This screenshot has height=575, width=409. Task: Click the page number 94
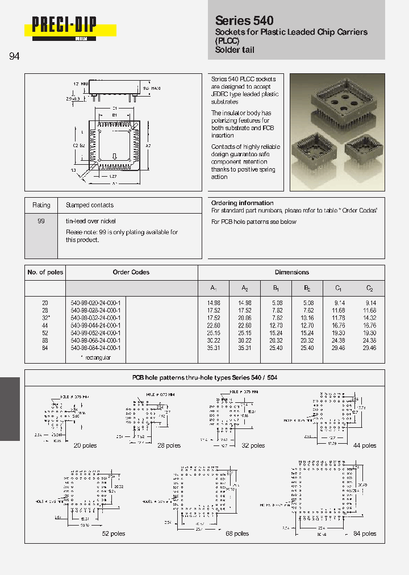[x=15, y=56]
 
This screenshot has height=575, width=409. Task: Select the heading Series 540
[x=244, y=20]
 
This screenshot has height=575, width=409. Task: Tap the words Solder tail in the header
[x=235, y=50]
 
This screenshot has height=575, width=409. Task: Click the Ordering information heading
[x=242, y=203]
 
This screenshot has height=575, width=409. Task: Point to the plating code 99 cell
[x=41, y=221]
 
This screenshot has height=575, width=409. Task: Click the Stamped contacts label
[x=90, y=205]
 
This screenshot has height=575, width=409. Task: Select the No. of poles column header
[x=45, y=272]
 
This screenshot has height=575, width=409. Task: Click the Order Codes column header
[x=131, y=272]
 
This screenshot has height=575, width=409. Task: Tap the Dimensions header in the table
[x=291, y=272]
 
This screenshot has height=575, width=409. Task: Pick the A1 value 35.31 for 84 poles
[x=214, y=347]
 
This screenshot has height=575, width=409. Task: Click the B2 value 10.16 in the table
[x=308, y=318]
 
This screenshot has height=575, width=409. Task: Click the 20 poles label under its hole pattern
[x=85, y=446]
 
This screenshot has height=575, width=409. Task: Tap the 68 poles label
[x=237, y=534]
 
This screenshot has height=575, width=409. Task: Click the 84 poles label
[x=365, y=534]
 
